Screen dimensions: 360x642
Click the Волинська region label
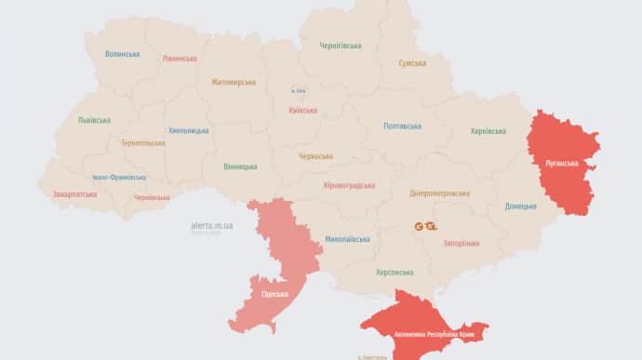click(x=122, y=54)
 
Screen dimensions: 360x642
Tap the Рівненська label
click(x=180, y=58)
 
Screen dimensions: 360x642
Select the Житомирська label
click(x=234, y=82)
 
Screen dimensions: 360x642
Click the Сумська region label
click(x=412, y=63)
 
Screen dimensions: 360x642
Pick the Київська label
click(x=302, y=110)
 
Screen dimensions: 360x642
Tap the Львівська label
click(x=95, y=120)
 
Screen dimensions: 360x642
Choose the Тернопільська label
click(x=143, y=143)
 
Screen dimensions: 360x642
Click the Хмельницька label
click(x=189, y=131)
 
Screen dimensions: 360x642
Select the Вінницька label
click(x=240, y=167)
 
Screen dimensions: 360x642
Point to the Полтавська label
click(x=402, y=126)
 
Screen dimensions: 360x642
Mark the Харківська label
click(x=488, y=131)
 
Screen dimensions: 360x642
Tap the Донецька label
click(x=520, y=207)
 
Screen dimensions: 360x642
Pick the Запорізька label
click(x=461, y=243)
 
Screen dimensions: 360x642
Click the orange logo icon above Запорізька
click(x=426, y=226)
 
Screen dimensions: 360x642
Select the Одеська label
click(x=274, y=294)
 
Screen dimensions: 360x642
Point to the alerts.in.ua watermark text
click(x=212, y=225)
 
